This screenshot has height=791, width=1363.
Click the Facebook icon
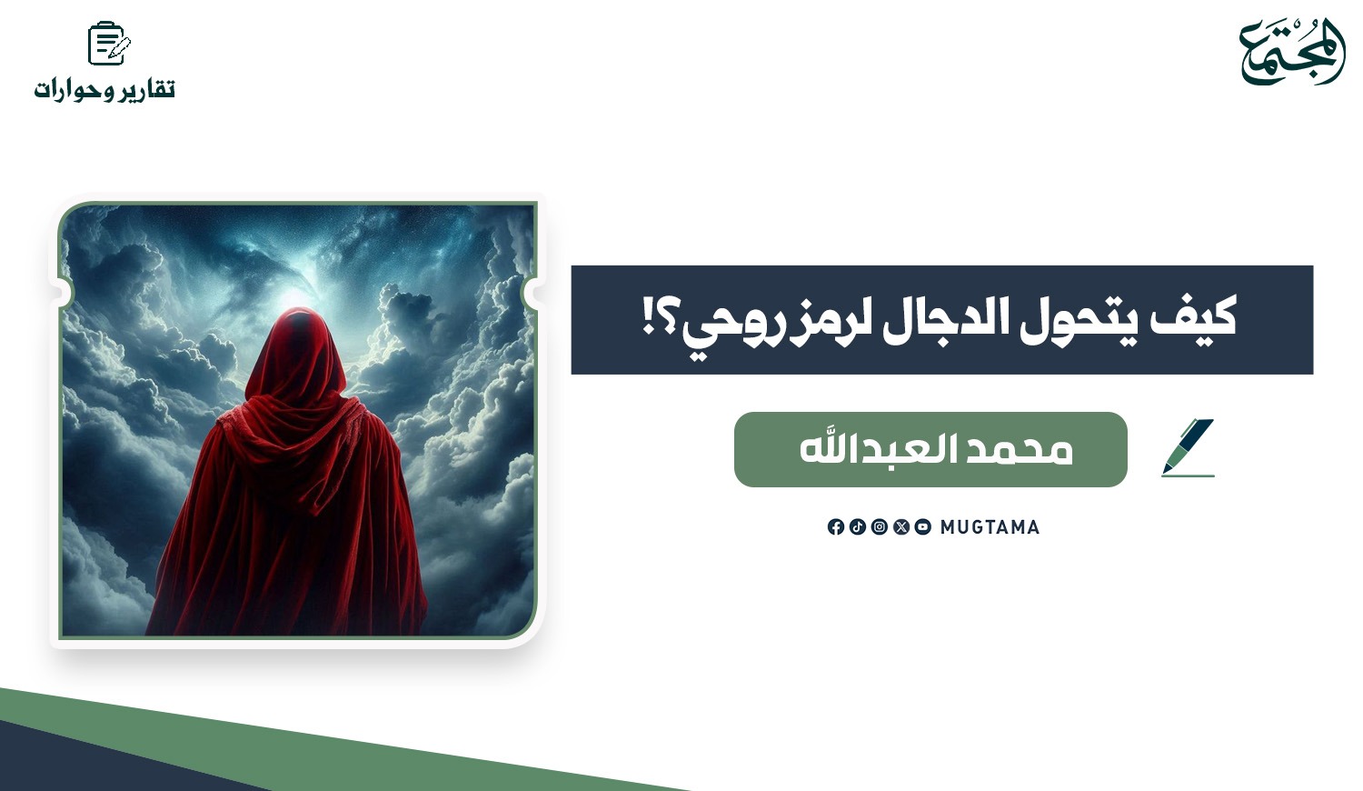pos(835,526)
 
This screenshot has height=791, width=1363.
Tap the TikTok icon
pos(858,526)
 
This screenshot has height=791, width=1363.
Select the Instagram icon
pos(880,526)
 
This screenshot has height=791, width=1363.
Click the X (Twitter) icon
pos(901,526)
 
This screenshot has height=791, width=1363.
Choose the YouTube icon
pos(923,526)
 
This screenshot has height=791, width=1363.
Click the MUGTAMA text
pos(990,527)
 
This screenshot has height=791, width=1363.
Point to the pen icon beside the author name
pos(1189,447)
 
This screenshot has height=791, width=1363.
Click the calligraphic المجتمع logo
pos(1292,52)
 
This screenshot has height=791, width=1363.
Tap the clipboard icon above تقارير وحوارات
pos(109,43)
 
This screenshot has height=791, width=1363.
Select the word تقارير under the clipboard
pos(146,89)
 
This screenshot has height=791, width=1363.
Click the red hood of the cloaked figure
pos(295,353)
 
